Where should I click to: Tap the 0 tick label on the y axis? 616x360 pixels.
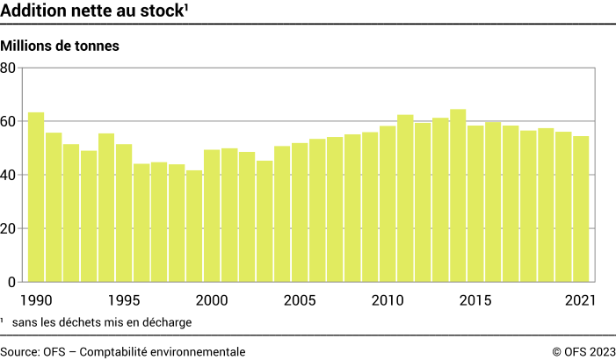(12, 282)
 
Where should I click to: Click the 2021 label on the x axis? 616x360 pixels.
(580, 300)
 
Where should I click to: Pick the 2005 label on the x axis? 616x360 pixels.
(300, 300)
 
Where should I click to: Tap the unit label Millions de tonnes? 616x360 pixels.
(60, 45)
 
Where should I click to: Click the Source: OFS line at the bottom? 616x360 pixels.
(123, 351)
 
